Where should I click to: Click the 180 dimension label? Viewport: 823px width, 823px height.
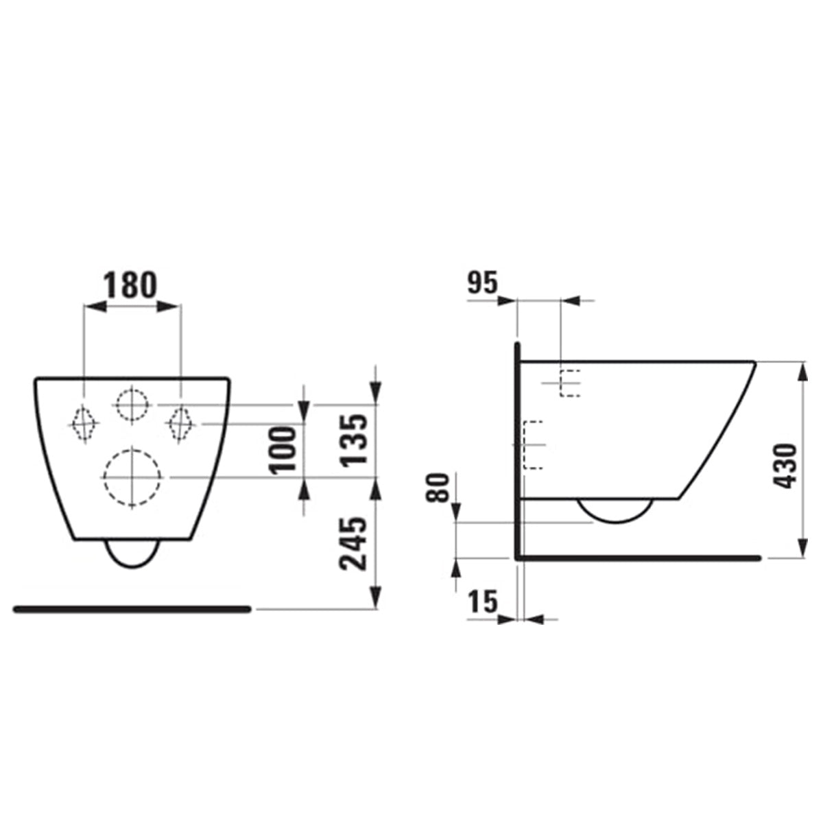click(130, 285)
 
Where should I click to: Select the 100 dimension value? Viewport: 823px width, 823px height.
click(282, 449)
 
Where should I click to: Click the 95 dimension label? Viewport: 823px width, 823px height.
click(482, 283)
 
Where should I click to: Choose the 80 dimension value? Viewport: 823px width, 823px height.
click(440, 488)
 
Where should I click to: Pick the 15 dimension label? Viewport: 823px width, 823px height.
click(483, 603)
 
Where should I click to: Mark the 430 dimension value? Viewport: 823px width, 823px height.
click(786, 466)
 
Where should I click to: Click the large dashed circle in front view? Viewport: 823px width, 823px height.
click(132, 478)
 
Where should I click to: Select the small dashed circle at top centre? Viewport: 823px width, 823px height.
click(132, 405)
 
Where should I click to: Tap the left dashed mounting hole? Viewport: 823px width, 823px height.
click(82, 424)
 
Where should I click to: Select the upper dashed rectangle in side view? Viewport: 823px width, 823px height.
click(570, 383)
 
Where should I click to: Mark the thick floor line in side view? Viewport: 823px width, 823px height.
click(638, 558)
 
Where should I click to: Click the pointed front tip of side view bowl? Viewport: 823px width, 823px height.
click(754, 363)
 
